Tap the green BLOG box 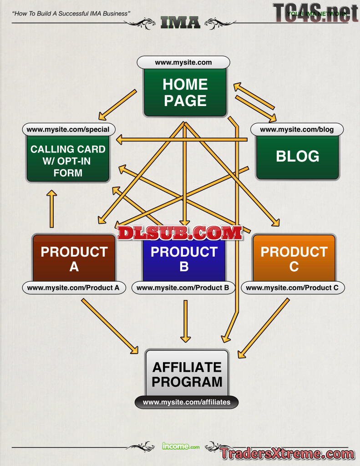[297, 157]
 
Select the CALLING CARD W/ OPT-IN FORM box [68, 161]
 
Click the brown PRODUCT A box [74, 258]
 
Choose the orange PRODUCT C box [294, 258]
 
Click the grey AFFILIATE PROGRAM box [187, 374]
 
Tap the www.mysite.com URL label [183, 62]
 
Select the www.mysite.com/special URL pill [68, 129]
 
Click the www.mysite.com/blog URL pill [297, 129]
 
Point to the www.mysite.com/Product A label [73, 288]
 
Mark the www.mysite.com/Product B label [183, 288]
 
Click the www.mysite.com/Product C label [292, 288]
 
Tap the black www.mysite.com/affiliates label [187, 402]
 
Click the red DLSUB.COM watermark [179, 233]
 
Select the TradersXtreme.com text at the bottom [287, 454]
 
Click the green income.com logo [181, 446]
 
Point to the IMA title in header [180, 21]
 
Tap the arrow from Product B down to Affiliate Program [185, 321]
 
